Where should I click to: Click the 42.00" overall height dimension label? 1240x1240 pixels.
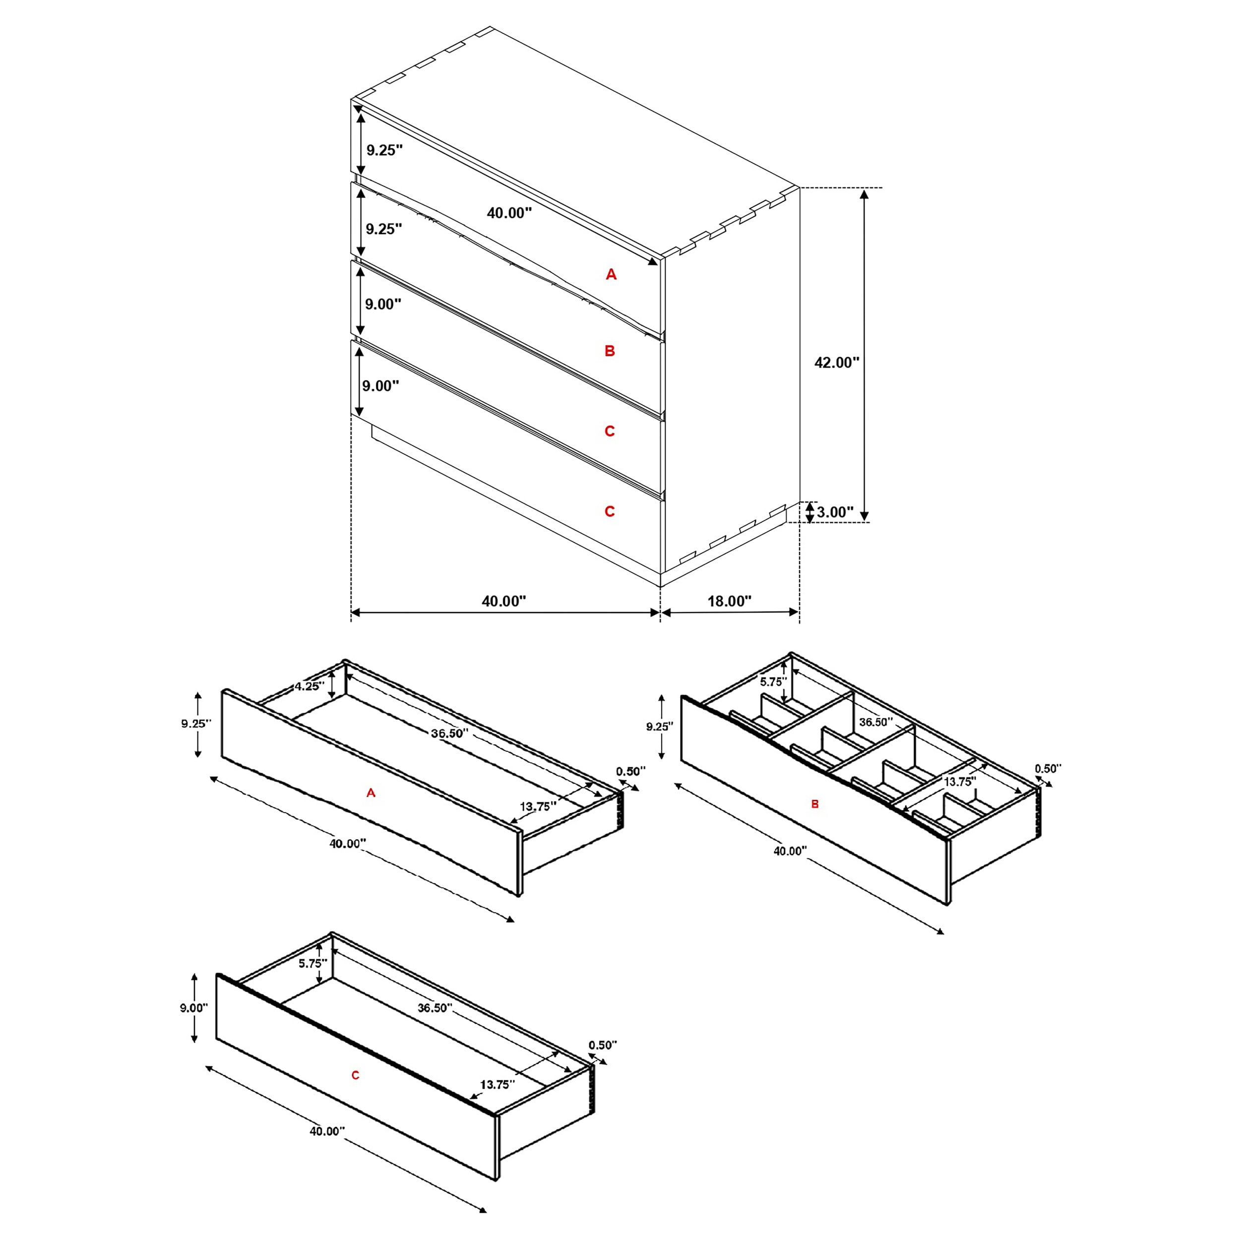(x=836, y=363)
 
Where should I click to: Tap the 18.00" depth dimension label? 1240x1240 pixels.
(x=729, y=601)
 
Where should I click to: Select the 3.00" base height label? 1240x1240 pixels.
(x=835, y=512)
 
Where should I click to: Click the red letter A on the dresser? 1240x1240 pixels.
(x=611, y=275)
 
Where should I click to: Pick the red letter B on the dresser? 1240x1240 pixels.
(x=610, y=351)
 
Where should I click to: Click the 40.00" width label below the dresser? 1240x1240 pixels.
(x=504, y=601)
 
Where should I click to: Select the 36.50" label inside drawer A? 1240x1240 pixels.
(x=449, y=733)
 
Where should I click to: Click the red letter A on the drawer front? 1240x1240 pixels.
(x=371, y=793)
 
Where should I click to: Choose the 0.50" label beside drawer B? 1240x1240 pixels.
(x=1048, y=768)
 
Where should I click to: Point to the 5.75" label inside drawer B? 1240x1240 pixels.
(x=773, y=682)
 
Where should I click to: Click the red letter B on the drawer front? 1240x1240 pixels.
(x=815, y=804)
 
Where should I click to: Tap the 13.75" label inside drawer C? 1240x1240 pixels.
(x=497, y=1085)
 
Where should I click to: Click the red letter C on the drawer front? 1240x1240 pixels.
(x=356, y=1075)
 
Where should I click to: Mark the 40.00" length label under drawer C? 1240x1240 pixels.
(x=327, y=1131)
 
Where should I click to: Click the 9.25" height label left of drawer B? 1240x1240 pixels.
(x=659, y=727)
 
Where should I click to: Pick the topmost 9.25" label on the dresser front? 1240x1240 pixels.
(x=384, y=150)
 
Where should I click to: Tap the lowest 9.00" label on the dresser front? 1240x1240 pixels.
(x=380, y=386)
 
